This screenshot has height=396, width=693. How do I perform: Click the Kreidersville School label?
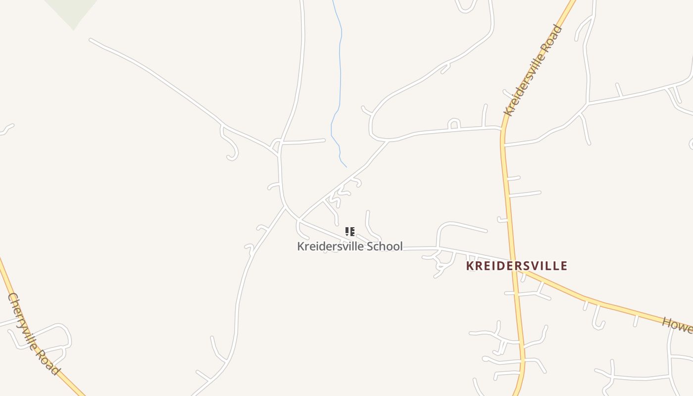tap(349, 246)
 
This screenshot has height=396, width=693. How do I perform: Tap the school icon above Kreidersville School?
tap(350, 231)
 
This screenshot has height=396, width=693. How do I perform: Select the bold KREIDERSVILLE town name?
tap(516, 266)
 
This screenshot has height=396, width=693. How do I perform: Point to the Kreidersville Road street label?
tap(533, 71)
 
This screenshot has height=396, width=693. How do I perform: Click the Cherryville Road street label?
tap(34, 335)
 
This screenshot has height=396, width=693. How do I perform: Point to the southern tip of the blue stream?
tap(346, 166)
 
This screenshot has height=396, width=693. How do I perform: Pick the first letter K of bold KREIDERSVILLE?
tap(470, 266)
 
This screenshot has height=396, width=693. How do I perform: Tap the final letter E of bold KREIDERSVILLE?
tap(563, 266)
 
